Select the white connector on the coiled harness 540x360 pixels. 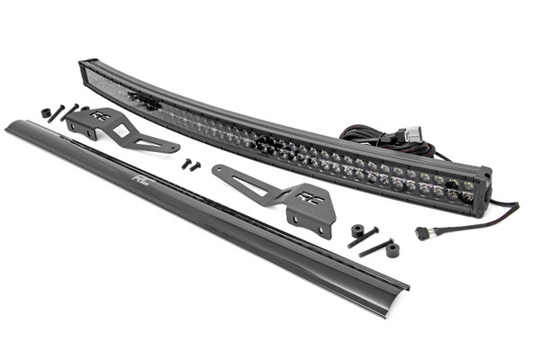tap(411, 134)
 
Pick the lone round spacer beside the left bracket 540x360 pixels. tap(46, 113)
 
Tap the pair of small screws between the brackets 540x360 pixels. tap(190, 165)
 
